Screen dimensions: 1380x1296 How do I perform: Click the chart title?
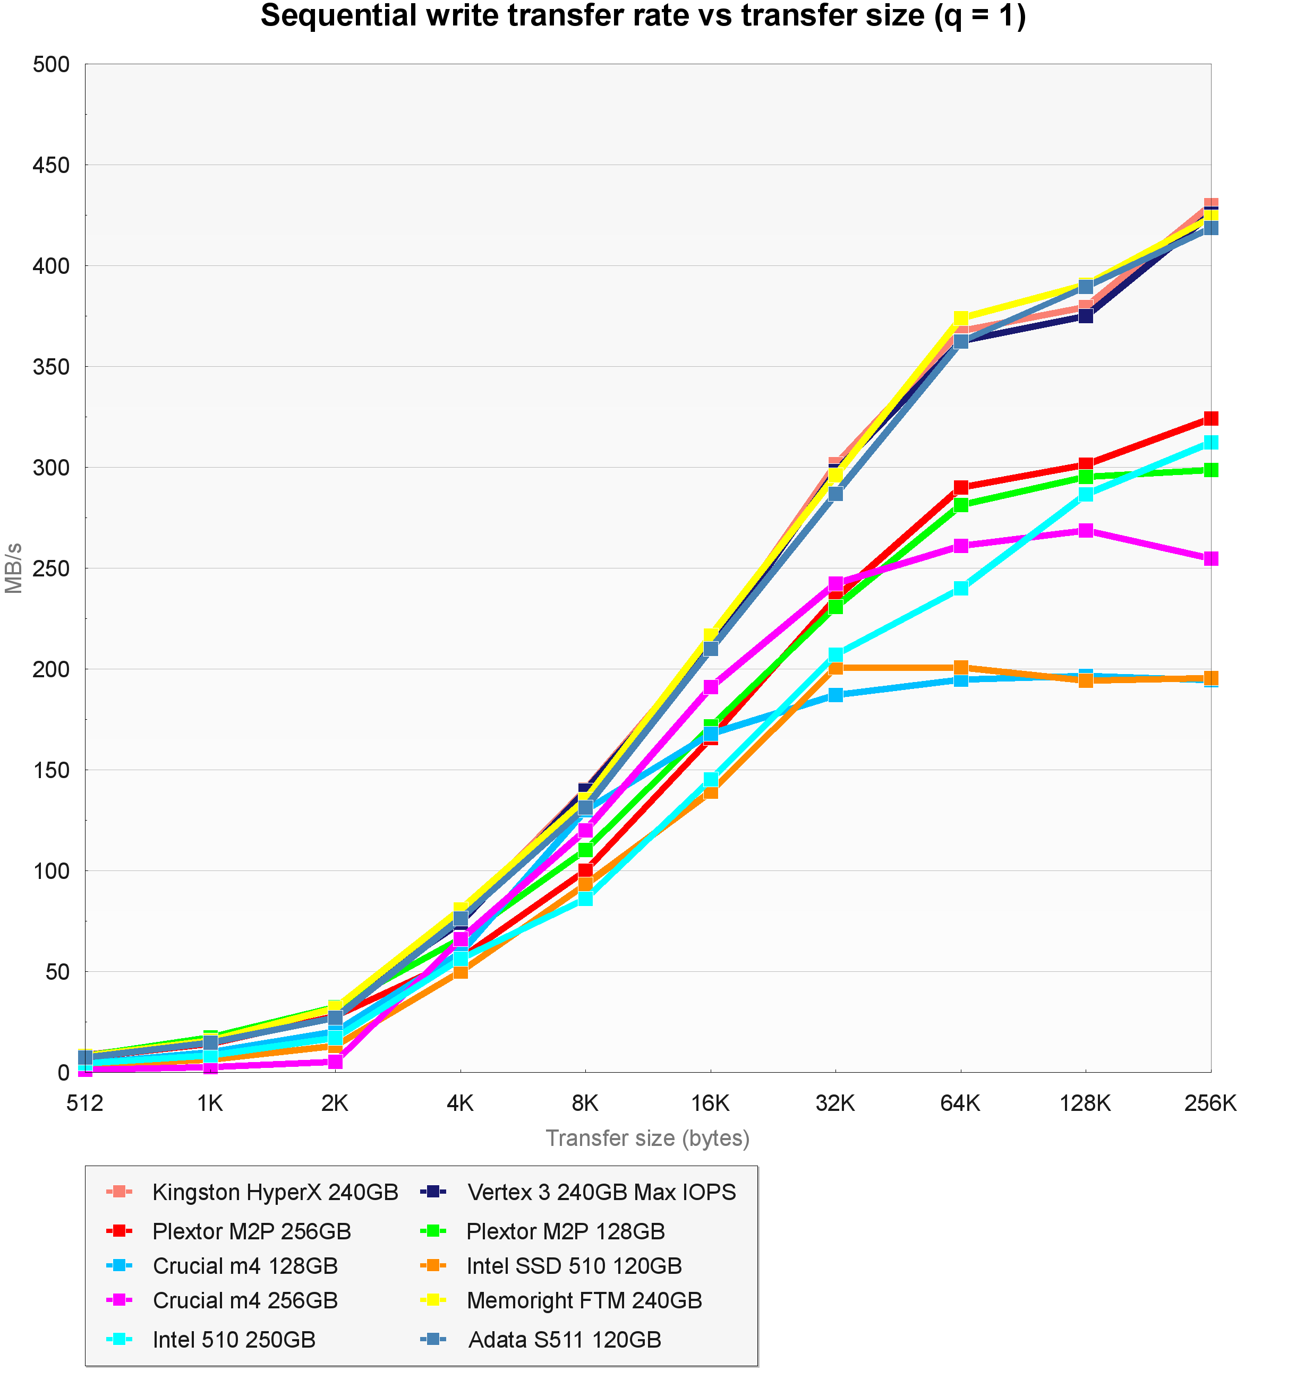(x=643, y=16)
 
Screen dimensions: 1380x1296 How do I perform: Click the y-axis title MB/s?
(x=14, y=568)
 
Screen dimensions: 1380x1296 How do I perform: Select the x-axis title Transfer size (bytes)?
(x=647, y=1138)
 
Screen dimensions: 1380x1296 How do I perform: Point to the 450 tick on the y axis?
(x=52, y=165)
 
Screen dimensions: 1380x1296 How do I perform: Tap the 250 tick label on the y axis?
(x=52, y=568)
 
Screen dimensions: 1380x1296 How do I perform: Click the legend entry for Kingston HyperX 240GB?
(x=275, y=1193)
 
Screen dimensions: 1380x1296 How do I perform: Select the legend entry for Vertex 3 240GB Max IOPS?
(x=601, y=1193)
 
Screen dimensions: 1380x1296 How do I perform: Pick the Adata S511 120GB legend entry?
(x=565, y=1339)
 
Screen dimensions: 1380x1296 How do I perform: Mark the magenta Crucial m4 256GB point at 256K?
(x=1210, y=559)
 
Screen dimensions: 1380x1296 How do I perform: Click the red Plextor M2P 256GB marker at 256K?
(x=1210, y=419)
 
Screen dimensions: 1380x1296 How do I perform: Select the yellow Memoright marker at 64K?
(x=960, y=318)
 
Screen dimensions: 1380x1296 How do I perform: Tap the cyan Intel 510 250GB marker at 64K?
(x=960, y=588)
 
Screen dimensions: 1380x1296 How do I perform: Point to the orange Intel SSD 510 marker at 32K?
(x=835, y=668)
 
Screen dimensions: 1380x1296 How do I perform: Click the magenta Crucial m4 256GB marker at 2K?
(x=335, y=1062)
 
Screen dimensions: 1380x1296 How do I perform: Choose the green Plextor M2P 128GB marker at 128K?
(x=1086, y=477)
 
